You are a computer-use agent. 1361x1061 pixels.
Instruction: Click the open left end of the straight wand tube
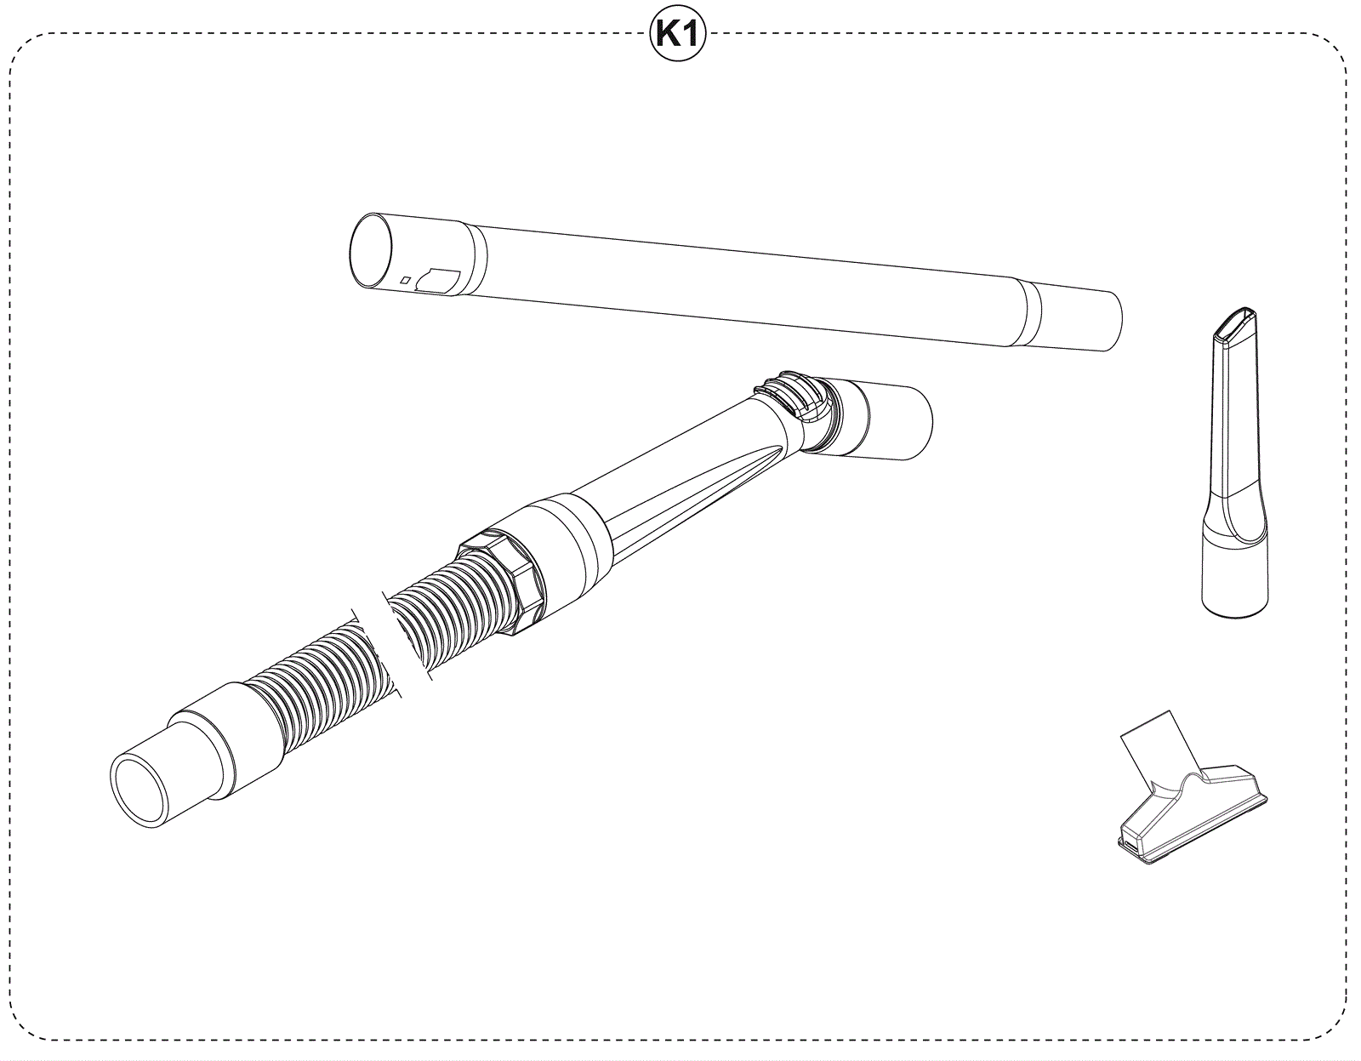371,251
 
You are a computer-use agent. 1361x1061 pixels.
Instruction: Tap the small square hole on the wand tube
405,280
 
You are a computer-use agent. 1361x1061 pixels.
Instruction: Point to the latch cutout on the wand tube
438,282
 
